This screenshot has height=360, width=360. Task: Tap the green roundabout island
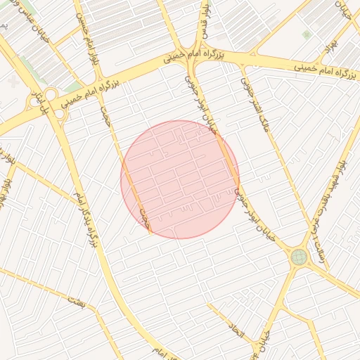coord(300,257)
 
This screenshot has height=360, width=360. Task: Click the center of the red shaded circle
coord(180,179)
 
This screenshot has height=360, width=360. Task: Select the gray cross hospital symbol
coord(14,82)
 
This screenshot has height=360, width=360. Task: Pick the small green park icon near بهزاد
coord(306,34)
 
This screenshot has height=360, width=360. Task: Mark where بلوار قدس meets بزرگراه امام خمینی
coord(196,56)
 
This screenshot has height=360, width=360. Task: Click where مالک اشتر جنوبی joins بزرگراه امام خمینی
coord(243,66)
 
